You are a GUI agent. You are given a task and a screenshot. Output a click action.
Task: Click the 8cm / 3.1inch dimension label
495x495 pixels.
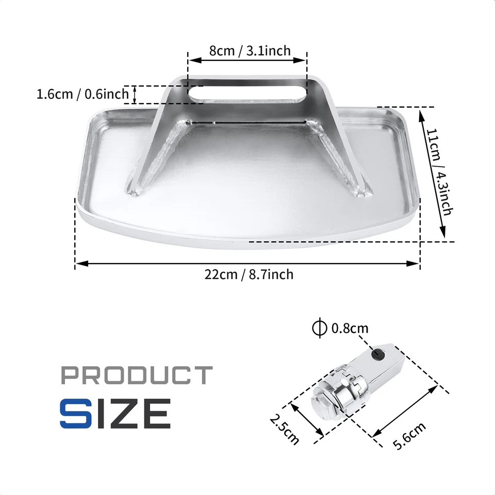point(250,51)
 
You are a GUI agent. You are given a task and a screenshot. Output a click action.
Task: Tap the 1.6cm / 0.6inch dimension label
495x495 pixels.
point(82,94)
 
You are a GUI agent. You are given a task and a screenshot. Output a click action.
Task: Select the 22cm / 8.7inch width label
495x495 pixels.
point(249,274)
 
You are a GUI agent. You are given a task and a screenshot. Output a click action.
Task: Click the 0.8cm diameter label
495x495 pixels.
point(350,328)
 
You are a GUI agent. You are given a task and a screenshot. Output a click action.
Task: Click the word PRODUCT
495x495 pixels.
point(137,375)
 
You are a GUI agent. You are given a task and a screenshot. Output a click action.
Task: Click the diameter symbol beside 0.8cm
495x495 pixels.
point(320,328)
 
